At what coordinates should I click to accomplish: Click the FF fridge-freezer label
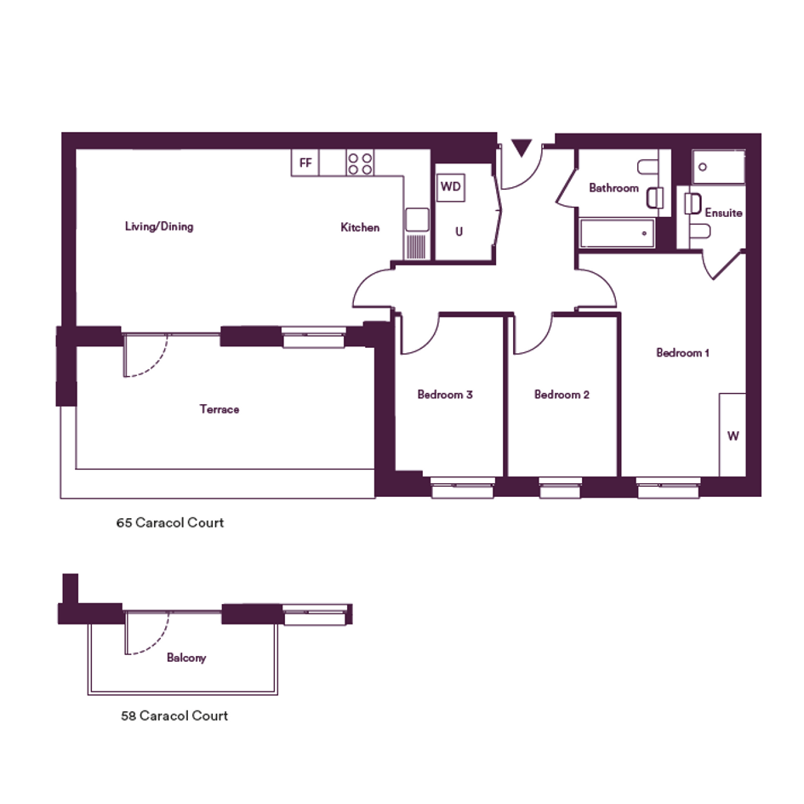click(305, 163)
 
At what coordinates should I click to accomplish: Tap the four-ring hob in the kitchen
click(360, 163)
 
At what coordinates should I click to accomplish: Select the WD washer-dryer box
click(451, 186)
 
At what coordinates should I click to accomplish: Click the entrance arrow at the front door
click(522, 148)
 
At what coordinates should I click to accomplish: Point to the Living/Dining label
click(159, 226)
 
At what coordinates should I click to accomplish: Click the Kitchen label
click(360, 227)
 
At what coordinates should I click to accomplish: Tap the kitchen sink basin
click(417, 220)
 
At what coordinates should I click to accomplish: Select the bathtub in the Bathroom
click(617, 233)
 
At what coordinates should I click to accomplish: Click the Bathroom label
click(613, 188)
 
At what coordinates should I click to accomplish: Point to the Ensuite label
click(723, 213)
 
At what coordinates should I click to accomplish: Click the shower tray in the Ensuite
click(718, 167)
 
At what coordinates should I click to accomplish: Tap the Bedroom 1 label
click(682, 353)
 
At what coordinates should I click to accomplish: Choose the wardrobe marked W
click(733, 435)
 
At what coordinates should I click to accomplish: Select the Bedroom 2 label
click(562, 394)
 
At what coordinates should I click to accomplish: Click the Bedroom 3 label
click(445, 394)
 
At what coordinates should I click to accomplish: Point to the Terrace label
click(220, 409)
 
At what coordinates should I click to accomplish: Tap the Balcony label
click(186, 658)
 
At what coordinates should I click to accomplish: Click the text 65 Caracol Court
click(170, 522)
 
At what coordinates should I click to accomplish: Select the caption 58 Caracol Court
click(174, 716)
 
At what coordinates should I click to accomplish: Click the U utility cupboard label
click(459, 231)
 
